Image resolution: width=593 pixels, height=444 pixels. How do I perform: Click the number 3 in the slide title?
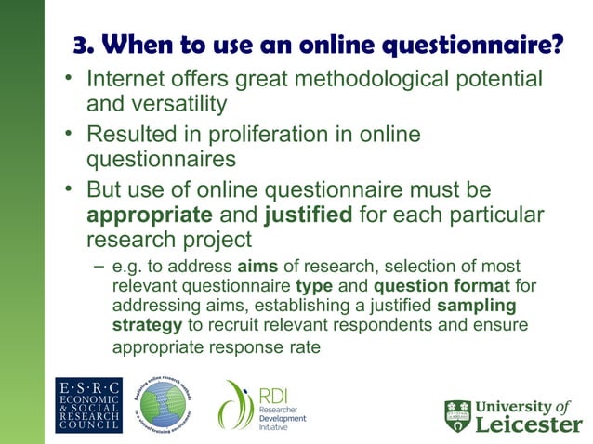tap(81, 46)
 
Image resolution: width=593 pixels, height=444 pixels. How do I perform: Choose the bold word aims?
tap(245, 268)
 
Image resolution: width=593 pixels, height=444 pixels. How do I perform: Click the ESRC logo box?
tap(88, 405)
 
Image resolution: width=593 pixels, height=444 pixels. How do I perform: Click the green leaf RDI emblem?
tap(234, 405)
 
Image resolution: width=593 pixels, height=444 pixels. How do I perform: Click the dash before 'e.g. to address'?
tap(97, 268)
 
